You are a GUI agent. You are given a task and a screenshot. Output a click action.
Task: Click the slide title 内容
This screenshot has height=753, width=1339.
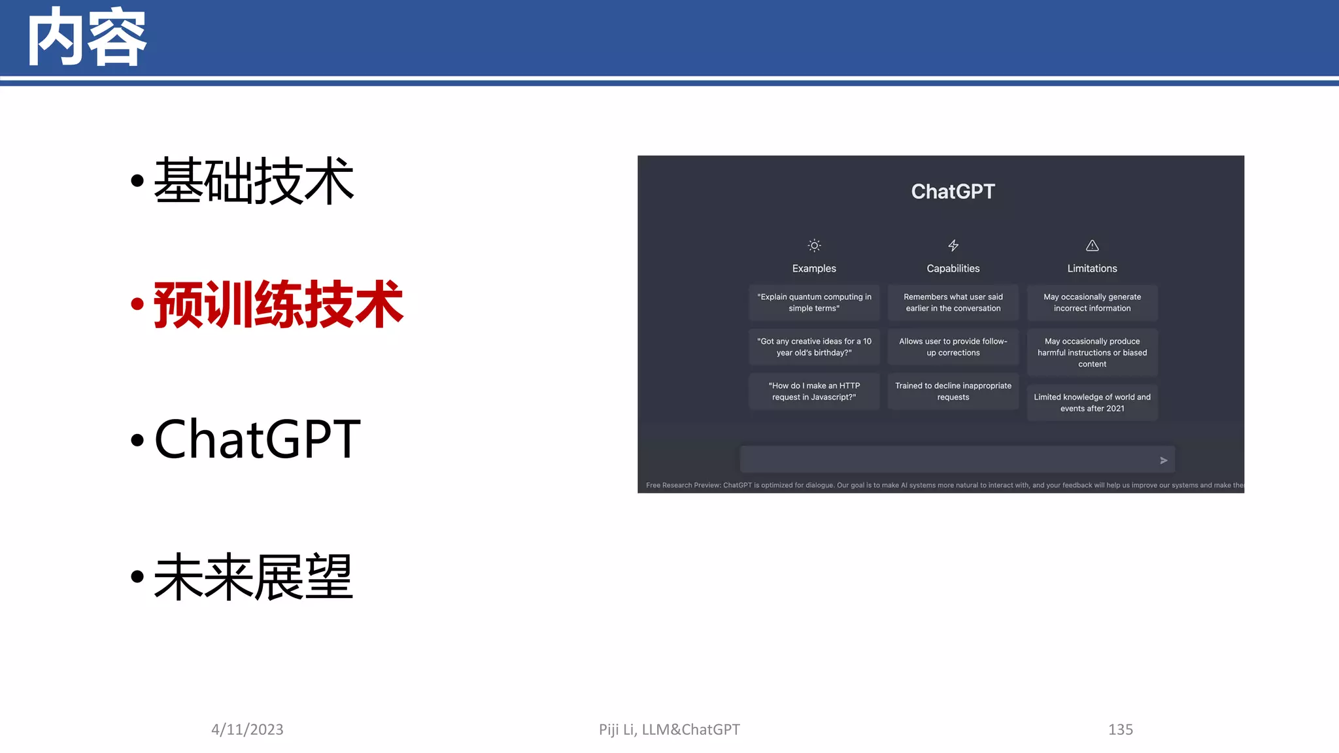pyautogui.click(x=87, y=38)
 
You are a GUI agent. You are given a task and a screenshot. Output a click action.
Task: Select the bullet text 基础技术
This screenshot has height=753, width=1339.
pyautogui.click(x=254, y=181)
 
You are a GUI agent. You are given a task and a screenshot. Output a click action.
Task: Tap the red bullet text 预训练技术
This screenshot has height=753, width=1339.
pyautogui.click(x=279, y=305)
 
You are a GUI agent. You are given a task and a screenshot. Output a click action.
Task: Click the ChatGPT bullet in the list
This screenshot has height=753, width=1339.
pyautogui.click(x=257, y=439)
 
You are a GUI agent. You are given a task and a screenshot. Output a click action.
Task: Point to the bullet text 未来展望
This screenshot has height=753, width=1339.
pyautogui.click(x=254, y=577)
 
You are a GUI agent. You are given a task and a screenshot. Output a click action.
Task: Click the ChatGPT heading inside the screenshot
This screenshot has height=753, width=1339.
pyautogui.click(x=953, y=192)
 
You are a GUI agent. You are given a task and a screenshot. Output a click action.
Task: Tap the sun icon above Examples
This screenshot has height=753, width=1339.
pyautogui.click(x=814, y=246)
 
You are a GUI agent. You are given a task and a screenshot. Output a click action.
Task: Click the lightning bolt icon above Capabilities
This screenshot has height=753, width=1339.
pyautogui.click(x=953, y=246)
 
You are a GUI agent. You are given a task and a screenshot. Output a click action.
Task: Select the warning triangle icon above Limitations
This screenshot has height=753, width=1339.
pyautogui.click(x=1092, y=246)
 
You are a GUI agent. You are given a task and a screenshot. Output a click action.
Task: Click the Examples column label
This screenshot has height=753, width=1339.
pyautogui.click(x=814, y=269)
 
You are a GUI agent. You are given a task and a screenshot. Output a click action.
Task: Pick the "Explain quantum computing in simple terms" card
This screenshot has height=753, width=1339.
pyautogui.click(x=814, y=303)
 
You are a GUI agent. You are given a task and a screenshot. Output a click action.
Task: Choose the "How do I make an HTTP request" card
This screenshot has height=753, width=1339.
pyautogui.click(x=814, y=392)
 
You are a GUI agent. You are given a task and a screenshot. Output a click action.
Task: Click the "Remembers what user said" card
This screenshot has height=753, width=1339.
pyautogui.click(x=953, y=303)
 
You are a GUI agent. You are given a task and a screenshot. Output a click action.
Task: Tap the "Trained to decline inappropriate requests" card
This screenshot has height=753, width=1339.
pyautogui.click(x=953, y=392)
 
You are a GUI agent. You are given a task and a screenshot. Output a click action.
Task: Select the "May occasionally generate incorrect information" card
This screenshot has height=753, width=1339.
pyautogui.click(x=1092, y=303)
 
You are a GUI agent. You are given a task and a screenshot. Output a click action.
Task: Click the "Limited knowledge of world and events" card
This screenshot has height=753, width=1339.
pyautogui.click(x=1092, y=403)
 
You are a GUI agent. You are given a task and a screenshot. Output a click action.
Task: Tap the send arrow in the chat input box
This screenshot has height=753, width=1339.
pyautogui.click(x=1163, y=460)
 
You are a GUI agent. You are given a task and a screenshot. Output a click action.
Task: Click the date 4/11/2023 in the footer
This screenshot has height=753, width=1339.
pyautogui.click(x=247, y=729)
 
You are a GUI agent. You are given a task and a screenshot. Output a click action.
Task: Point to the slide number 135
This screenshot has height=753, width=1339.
pyautogui.click(x=1120, y=729)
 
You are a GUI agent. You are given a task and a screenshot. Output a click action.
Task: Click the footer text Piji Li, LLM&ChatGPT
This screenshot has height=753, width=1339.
pyautogui.click(x=669, y=729)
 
